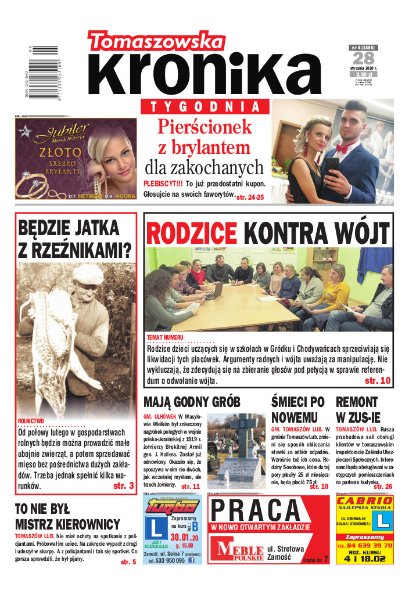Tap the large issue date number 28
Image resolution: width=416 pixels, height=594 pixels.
point(364,59)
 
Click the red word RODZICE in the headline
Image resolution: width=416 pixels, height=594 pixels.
point(192,233)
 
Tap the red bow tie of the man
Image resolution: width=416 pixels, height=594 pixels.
point(343,149)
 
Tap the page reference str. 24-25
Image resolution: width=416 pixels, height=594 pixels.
point(250,197)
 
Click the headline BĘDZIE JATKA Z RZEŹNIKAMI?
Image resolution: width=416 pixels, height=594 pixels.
point(75,238)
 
